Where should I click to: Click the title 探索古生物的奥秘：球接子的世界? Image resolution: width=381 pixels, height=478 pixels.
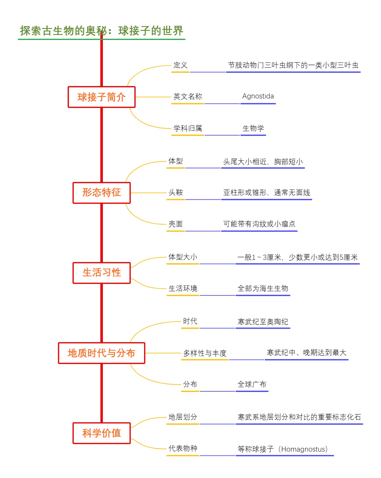click(102, 31)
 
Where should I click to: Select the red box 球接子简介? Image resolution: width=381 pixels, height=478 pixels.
click(102, 97)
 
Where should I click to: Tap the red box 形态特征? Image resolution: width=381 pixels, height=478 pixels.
click(102, 192)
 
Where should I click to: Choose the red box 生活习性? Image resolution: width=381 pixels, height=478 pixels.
click(102, 273)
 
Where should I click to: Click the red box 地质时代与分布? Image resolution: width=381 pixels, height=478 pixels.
click(102, 353)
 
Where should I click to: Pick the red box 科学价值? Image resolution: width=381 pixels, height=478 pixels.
click(102, 433)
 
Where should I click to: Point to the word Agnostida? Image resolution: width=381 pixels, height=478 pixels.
click(258, 96)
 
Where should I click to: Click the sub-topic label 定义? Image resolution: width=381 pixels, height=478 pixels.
click(180, 65)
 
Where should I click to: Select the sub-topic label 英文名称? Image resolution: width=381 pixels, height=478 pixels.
click(188, 97)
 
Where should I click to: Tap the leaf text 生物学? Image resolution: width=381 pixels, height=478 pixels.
click(253, 128)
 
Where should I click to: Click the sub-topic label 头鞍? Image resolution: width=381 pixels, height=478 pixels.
click(176, 192)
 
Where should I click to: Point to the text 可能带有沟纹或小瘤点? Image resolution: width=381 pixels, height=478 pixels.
click(259, 224)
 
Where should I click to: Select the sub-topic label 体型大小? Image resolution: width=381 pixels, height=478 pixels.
click(183, 257)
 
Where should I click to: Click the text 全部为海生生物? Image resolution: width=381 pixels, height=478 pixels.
click(263, 288)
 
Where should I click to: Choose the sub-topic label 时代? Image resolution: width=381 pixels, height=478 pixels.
click(190, 321)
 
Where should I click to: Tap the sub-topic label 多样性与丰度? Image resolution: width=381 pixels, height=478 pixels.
click(205, 353)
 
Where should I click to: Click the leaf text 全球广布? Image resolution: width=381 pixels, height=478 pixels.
click(252, 384)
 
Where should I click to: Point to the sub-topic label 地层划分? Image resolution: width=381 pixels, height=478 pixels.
click(183, 417)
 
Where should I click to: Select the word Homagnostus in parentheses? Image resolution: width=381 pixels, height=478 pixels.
click(303, 449)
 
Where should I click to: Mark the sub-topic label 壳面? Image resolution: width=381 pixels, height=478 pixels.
click(176, 224)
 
